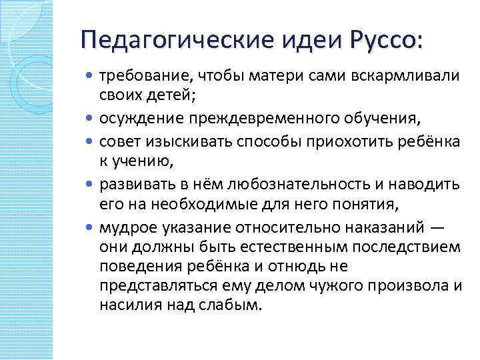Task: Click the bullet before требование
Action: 91,75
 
